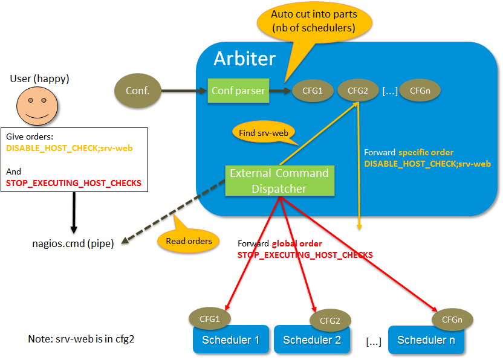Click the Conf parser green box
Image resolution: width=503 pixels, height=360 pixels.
[238, 91]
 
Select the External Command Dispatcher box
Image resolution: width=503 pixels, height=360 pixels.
[279, 181]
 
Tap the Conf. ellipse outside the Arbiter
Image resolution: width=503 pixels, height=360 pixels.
[138, 91]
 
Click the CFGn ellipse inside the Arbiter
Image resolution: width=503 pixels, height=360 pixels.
[420, 91]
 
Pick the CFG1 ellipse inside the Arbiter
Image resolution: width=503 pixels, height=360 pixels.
[308, 91]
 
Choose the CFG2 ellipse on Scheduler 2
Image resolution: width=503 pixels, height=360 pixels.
[330, 320]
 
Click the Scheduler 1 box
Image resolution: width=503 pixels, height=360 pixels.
[231, 340]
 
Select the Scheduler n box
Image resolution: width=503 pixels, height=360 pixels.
[426, 340]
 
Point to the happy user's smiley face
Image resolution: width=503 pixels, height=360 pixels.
[37, 105]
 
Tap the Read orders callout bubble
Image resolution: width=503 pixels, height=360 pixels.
[188, 241]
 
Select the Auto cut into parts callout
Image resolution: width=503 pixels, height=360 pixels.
[313, 22]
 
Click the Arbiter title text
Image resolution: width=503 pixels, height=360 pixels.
[244, 59]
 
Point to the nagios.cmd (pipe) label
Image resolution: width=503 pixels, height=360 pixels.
[73, 244]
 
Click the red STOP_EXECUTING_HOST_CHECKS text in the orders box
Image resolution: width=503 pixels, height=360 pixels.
[73, 183]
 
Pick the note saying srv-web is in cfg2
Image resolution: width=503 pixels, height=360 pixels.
[81, 339]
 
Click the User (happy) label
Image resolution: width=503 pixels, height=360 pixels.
[39, 79]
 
